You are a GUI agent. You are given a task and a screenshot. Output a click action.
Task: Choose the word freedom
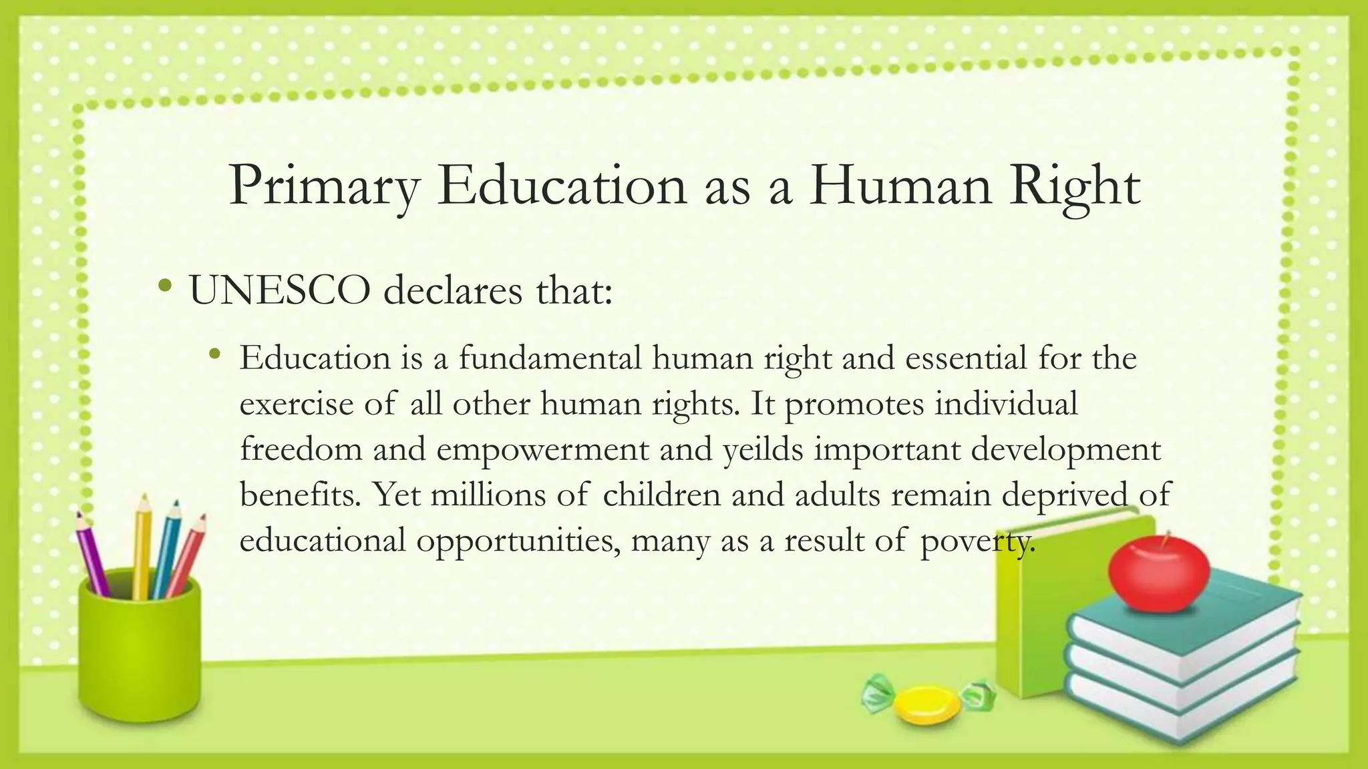point(301,449)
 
